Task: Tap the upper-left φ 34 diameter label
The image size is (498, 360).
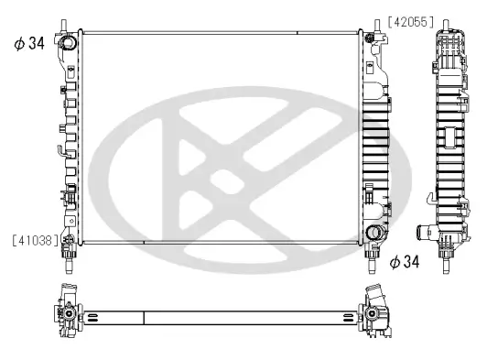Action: (x=29, y=42)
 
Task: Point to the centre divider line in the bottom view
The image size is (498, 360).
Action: (x=145, y=318)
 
